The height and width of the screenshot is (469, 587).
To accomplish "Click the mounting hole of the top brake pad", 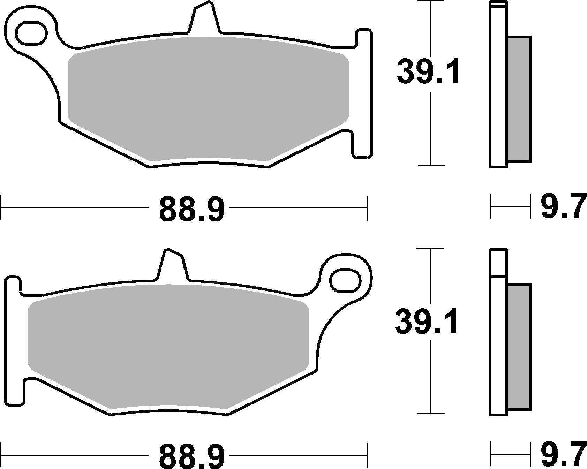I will coord(31,33).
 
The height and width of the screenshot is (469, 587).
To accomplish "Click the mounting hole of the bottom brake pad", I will coord(345,281).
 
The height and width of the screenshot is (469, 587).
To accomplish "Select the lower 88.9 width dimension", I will coord(192,456).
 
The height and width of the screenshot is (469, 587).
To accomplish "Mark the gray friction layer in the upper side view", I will coord(519,99).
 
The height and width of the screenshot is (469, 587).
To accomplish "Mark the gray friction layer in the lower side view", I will coord(519,347).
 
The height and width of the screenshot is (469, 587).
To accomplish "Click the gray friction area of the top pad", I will coord(208,98).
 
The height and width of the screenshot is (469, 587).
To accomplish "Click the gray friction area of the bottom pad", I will coord(168,345).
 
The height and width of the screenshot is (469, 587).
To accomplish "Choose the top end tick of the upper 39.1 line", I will coord(431,2).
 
